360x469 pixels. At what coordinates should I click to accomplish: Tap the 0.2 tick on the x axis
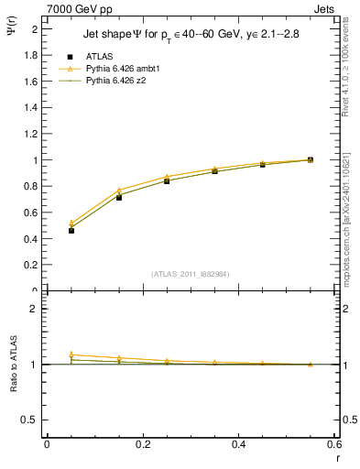[x=143, y=444]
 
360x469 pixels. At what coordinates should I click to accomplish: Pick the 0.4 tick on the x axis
[x=239, y=444]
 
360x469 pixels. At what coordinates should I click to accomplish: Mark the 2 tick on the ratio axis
[x=35, y=309]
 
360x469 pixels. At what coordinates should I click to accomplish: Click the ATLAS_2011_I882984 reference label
[x=191, y=273]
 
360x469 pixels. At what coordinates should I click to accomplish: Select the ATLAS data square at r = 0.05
[x=71, y=230]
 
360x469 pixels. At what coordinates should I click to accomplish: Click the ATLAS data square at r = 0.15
[x=119, y=197]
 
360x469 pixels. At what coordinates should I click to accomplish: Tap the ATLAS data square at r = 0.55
[x=311, y=160]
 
